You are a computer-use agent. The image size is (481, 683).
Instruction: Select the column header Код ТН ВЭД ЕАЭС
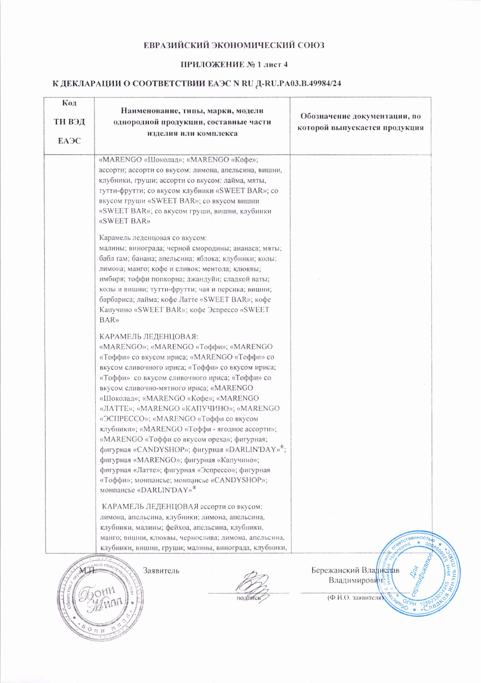(x=69, y=121)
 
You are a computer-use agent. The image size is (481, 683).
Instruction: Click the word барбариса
(x=115, y=299)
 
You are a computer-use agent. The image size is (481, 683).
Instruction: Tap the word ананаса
(x=246, y=248)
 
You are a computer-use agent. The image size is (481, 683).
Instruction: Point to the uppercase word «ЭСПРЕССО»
(x=125, y=419)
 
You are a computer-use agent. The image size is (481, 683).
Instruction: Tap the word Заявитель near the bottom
(x=161, y=570)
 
